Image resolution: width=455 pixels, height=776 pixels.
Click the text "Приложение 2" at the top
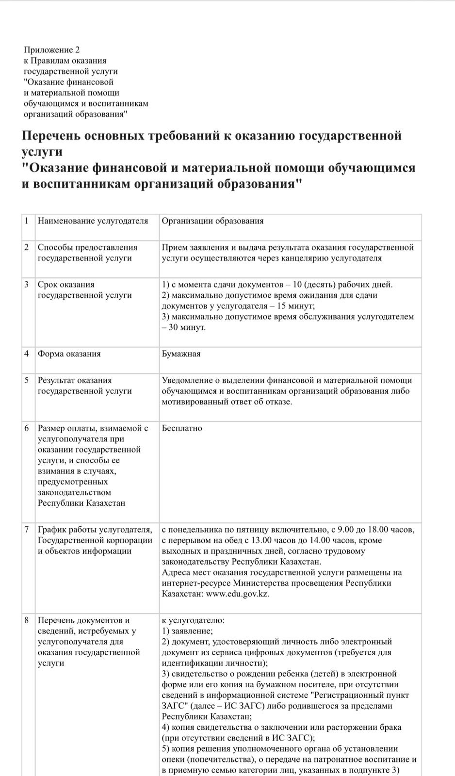coord(51,50)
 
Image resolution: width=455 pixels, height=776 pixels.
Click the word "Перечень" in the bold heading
coord(51,136)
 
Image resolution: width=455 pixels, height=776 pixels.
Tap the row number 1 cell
coord(27,221)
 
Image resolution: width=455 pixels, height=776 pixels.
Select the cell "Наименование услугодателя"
coord(93,221)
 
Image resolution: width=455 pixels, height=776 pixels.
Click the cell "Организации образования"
coord(212,221)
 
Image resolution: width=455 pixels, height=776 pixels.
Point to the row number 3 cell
coord(27,285)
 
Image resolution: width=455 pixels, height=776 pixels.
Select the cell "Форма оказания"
coord(69,354)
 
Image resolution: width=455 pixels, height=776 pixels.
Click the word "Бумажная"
coord(181,354)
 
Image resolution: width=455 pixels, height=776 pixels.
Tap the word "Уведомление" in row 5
coord(187,380)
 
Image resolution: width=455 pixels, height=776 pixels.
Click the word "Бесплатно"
coord(182,428)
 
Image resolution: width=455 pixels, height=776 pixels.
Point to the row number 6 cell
coord(27,428)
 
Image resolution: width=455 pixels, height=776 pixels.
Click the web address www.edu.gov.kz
coord(237,594)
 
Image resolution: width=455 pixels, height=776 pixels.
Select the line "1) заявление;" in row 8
coord(187,631)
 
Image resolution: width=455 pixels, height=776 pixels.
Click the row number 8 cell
coord(27,620)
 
